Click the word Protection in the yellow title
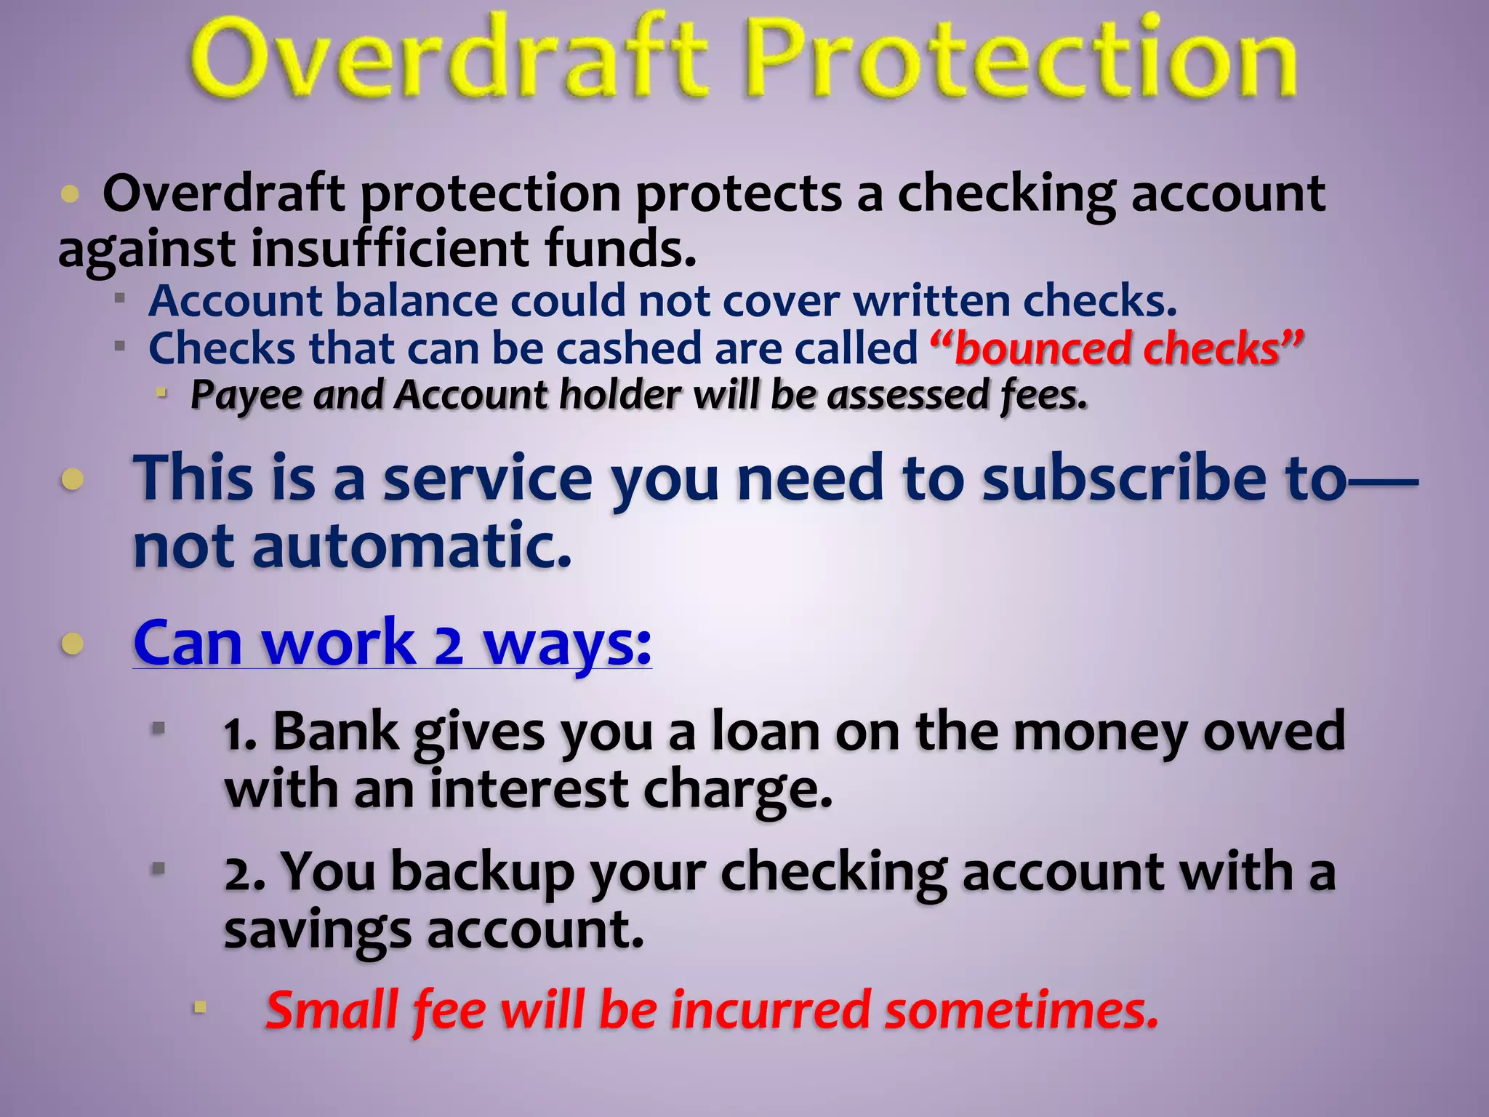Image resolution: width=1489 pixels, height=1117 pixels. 1022,58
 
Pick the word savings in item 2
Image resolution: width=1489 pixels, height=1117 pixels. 317,931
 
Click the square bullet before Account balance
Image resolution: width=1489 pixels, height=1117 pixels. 120,298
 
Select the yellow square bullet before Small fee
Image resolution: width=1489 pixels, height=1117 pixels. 200,1008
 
